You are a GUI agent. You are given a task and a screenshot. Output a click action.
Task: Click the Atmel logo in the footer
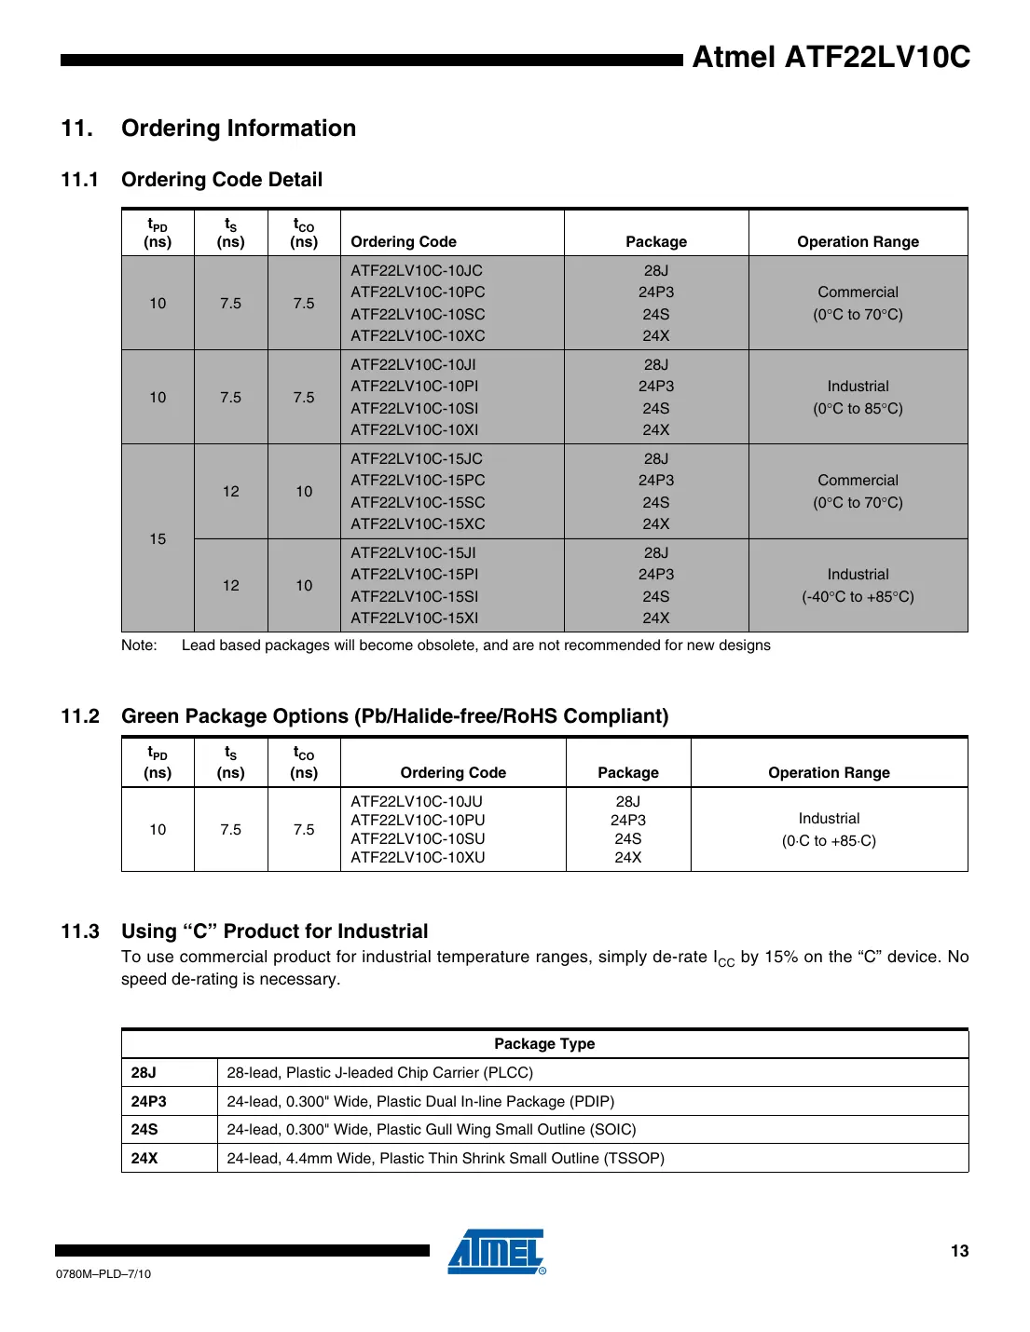(496, 1252)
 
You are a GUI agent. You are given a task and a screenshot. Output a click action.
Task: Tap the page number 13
(959, 1251)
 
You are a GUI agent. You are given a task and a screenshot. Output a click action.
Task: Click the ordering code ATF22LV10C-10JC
(417, 271)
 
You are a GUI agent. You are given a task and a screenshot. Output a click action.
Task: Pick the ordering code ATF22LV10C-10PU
(418, 821)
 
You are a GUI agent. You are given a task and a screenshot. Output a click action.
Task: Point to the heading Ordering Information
(239, 129)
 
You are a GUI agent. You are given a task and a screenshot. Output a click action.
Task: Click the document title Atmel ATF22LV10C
(831, 58)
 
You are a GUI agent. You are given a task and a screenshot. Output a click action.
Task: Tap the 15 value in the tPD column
(158, 539)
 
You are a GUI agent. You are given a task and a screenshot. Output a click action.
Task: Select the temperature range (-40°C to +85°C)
(858, 597)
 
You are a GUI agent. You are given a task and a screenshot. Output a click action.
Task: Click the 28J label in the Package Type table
(144, 1073)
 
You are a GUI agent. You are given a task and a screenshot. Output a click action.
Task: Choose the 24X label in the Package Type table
(144, 1159)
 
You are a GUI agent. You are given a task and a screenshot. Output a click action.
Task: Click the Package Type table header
(544, 1044)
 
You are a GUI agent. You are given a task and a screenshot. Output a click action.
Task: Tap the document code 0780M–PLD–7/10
(103, 1274)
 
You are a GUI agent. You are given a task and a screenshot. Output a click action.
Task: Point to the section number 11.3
(80, 931)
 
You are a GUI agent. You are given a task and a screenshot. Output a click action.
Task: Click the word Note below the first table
(139, 646)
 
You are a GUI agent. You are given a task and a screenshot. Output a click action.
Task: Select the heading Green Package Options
(395, 716)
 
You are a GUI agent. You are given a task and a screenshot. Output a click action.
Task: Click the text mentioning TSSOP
(446, 1159)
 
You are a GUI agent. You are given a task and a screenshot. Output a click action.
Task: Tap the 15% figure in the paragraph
(781, 958)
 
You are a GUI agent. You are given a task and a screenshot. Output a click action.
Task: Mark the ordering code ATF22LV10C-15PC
(418, 481)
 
